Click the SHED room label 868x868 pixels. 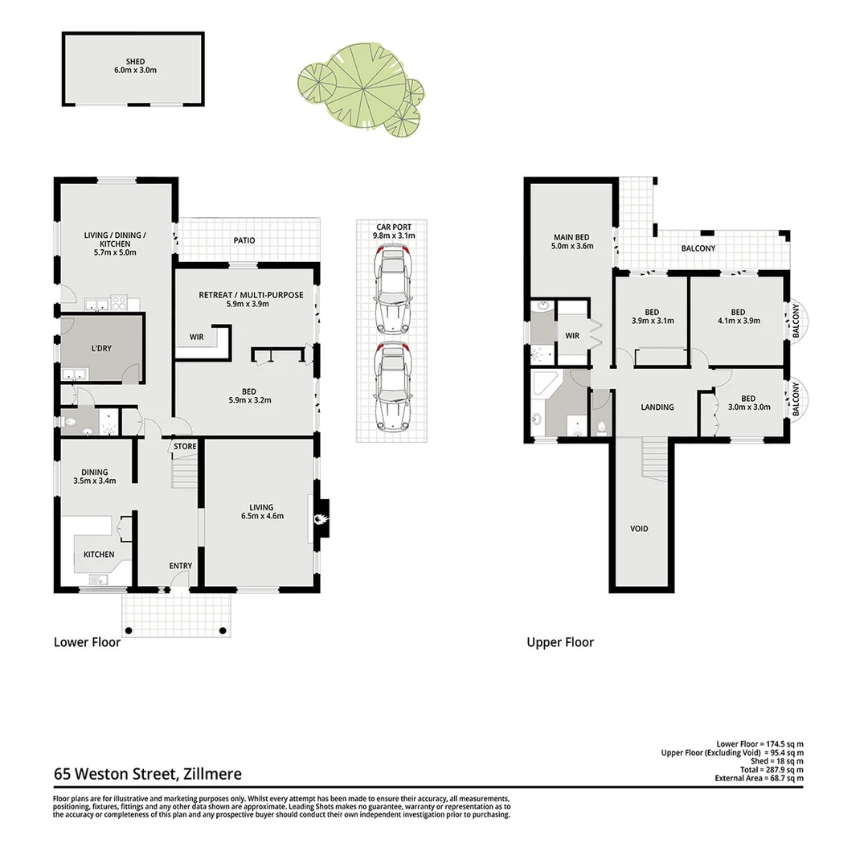pos(134,61)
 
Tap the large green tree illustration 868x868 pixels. pos(354,83)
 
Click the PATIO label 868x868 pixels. pos(244,240)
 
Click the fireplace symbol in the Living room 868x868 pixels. pos(321,518)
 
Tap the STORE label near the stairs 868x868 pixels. pos(185,446)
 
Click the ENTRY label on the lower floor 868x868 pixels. pos(180,566)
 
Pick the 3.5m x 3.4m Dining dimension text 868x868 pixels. pos(94,481)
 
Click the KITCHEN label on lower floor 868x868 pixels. pos(96,555)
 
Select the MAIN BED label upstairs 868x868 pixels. pos(571,237)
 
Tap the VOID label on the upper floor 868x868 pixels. pos(639,529)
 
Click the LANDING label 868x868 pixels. pos(657,407)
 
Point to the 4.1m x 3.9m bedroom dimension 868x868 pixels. pos(738,321)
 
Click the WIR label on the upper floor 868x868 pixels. pos(572,336)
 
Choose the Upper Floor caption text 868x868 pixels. pos(560,642)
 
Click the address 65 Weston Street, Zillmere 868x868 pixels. pos(148,775)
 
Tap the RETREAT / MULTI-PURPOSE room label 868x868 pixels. pos(251,295)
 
